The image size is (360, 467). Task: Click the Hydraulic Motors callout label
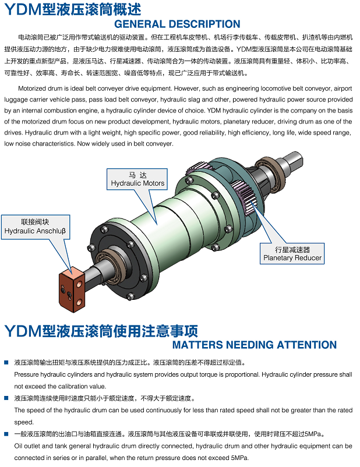tap(137, 179)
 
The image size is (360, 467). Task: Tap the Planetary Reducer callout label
tap(292, 254)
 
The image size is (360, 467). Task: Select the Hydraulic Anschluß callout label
tap(36, 227)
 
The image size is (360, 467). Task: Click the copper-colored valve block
tap(72, 289)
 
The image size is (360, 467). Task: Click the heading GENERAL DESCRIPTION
tap(177, 24)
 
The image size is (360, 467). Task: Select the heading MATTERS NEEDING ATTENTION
tap(255, 345)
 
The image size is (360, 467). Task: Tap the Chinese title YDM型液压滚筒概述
tap(73, 9)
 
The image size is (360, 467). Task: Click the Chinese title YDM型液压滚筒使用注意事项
tap(101, 331)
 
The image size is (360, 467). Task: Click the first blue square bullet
tap(6, 362)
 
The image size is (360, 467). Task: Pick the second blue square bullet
tap(6, 398)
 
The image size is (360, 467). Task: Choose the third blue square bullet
tap(6, 434)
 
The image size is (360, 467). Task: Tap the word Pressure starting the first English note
tap(26, 374)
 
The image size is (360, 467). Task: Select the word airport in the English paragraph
tap(343, 89)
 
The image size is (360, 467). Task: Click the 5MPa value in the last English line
tap(239, 458)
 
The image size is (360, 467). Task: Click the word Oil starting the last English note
tap(18, 446)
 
